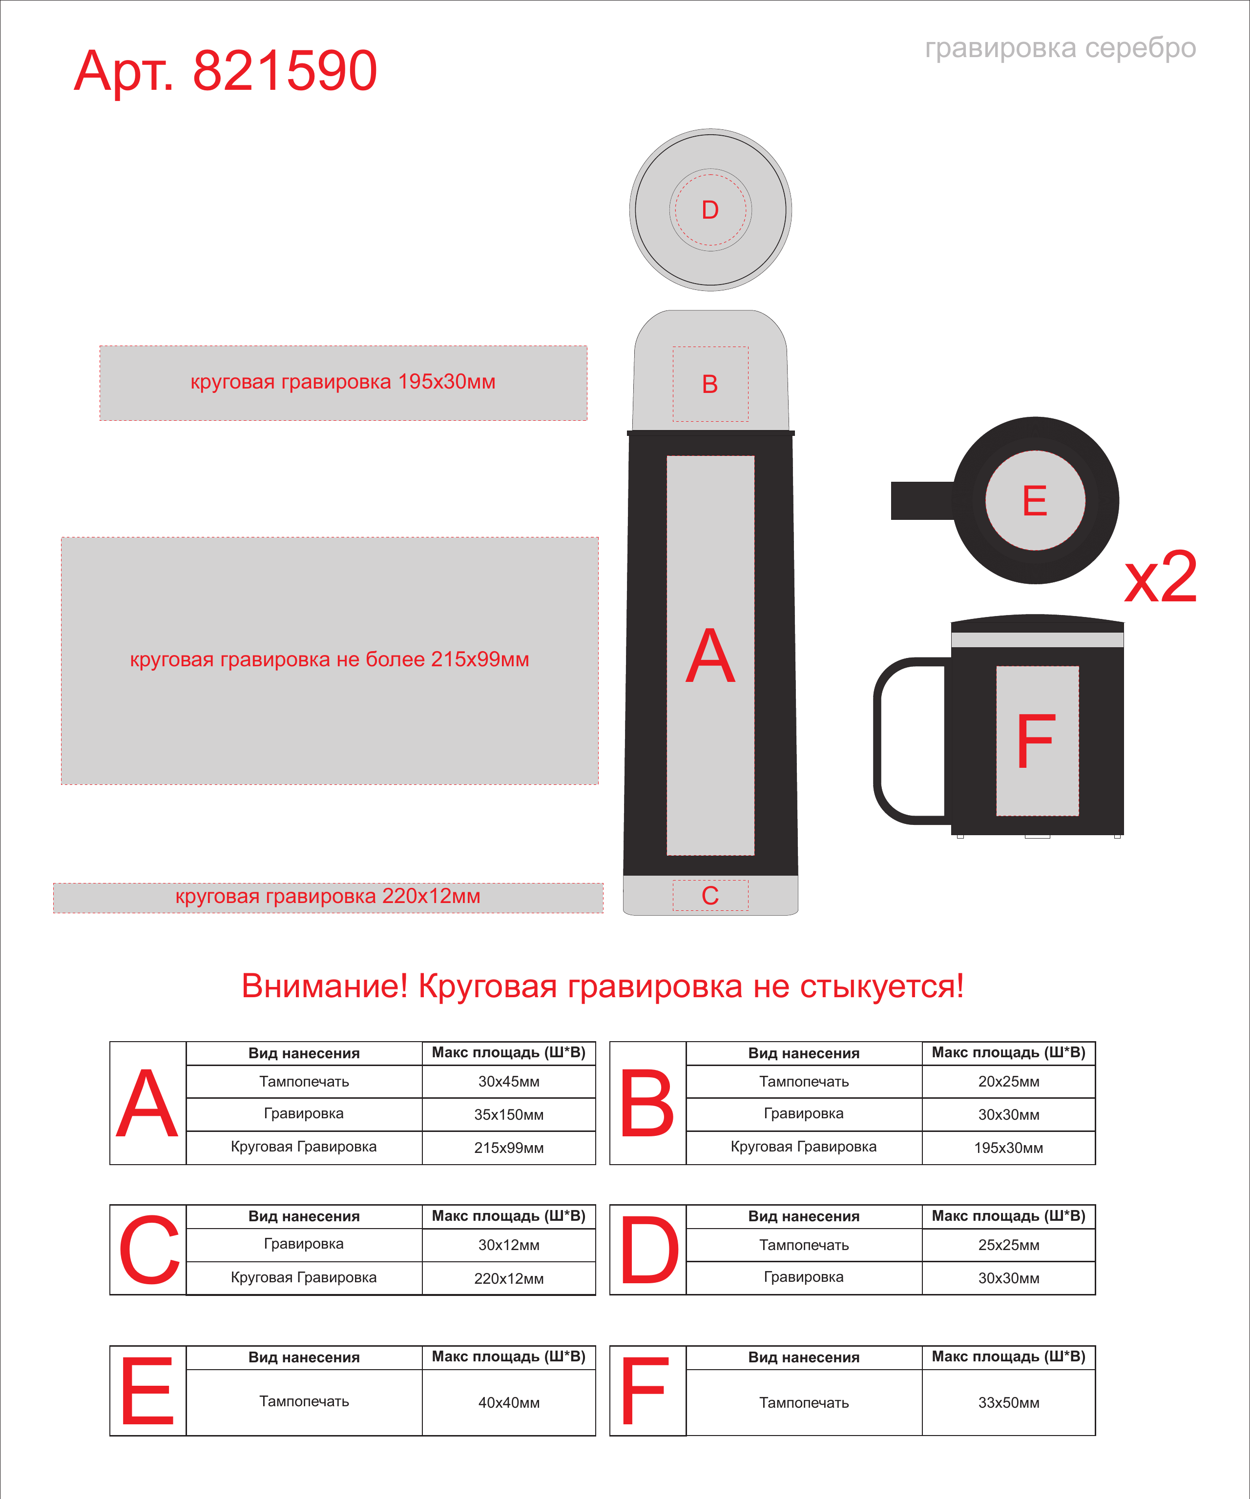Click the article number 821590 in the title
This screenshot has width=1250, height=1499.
(285, 71)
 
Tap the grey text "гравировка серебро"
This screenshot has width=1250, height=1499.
(1060, 48)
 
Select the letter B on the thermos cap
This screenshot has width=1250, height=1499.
(709, 384)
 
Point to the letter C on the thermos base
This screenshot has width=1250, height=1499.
(709, 896)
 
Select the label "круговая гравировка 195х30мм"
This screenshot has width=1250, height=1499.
(343, 382)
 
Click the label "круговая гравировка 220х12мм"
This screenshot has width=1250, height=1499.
(328, 897)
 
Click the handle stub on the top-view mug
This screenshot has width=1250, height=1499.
(922, 500)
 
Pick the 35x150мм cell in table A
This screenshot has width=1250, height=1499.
(509, 1114)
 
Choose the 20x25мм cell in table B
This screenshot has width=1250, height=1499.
(1009, 1082)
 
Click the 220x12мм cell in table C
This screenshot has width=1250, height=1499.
(509, 1278)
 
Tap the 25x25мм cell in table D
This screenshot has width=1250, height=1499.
(1009, 1245)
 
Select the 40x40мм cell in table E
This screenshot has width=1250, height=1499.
(509, 1403)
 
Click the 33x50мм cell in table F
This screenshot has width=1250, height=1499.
(1009, 1403)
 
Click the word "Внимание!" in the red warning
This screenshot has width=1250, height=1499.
(325, 986)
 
